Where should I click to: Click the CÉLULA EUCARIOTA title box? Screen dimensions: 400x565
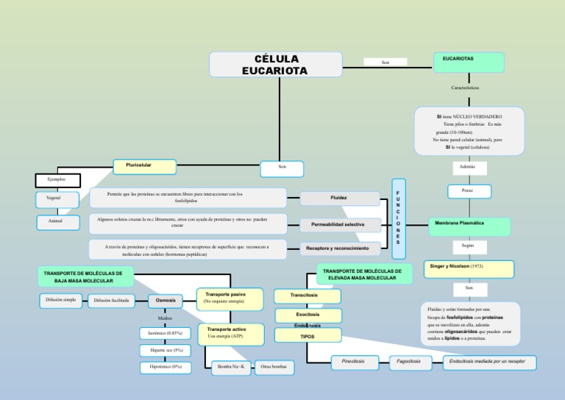(x=276, y=64)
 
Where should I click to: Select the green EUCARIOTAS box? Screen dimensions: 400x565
(x=469, y=63)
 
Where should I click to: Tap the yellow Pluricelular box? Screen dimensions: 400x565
(x=144, y=166)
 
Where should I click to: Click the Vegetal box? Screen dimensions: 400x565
(x=57, y=199)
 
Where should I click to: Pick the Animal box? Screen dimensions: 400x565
(x=57, y=221)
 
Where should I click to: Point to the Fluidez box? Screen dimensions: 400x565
(x=340, y=198)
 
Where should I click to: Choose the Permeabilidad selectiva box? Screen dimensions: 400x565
(x=340, y=224)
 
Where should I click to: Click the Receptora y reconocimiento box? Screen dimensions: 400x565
(x=340, y=249)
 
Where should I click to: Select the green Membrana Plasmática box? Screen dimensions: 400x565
(x=469, y=226)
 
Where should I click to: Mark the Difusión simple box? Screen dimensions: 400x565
(x=60, y=300)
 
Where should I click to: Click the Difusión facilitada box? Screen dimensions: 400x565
(x=112, y=300)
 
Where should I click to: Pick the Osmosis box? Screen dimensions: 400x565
(x=166, y=300)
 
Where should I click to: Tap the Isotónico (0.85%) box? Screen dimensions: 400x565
(x=166, y=333)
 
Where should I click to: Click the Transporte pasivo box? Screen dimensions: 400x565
(x=230, y=297)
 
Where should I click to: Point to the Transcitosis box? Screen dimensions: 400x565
(x=308, y=296)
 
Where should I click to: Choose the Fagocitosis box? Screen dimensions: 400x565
(x=409, y=362)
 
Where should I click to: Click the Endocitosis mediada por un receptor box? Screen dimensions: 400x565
(x=489, y=362)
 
